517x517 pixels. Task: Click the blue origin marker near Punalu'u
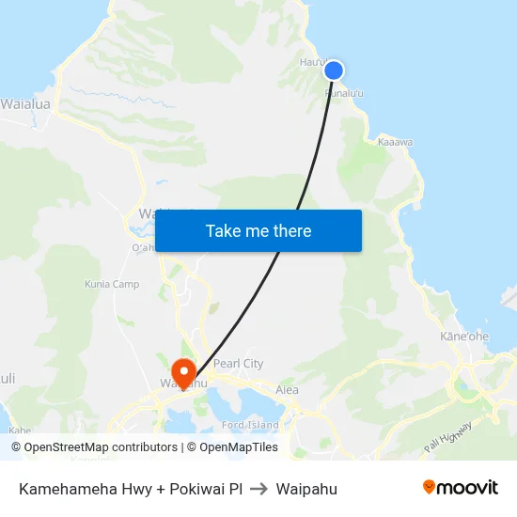tap(334, 70)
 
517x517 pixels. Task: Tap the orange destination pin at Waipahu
tap(183, 370)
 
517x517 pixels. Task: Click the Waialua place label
tap(25, 104)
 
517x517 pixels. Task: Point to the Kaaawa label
tap(395, 143)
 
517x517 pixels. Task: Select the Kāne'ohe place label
tap(464, 336)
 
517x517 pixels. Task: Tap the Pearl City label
tap(238, 364)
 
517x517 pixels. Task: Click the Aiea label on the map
tap(287, 389)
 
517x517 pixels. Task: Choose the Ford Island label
tap(250, 425)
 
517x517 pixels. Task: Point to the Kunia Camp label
tap(112, 284)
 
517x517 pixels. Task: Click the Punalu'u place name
tap(343, 93)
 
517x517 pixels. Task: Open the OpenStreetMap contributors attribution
tap(94, 447)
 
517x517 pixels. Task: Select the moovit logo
tap(461, 487)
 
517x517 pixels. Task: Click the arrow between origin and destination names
tap(258, 489)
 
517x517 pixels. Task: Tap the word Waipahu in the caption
tap(306, 489)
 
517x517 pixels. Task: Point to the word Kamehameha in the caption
tap(63, 489)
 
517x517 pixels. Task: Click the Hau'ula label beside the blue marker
tap(314, 62)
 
